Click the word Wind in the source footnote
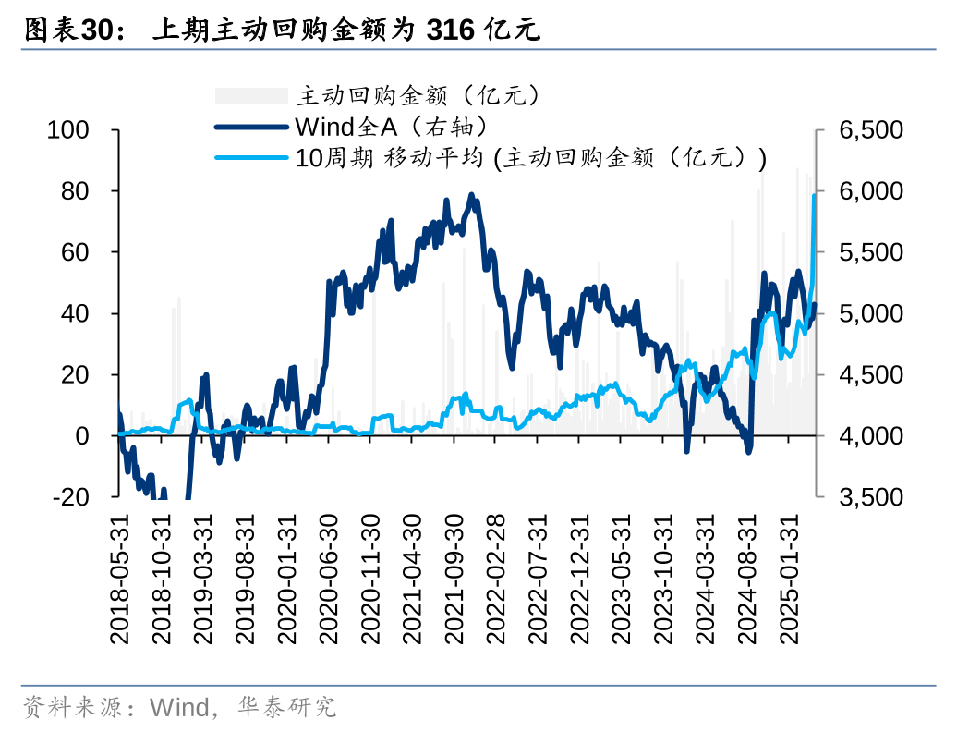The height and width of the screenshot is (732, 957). (180, 709)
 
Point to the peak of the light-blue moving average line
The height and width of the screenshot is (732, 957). (815, 195)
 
